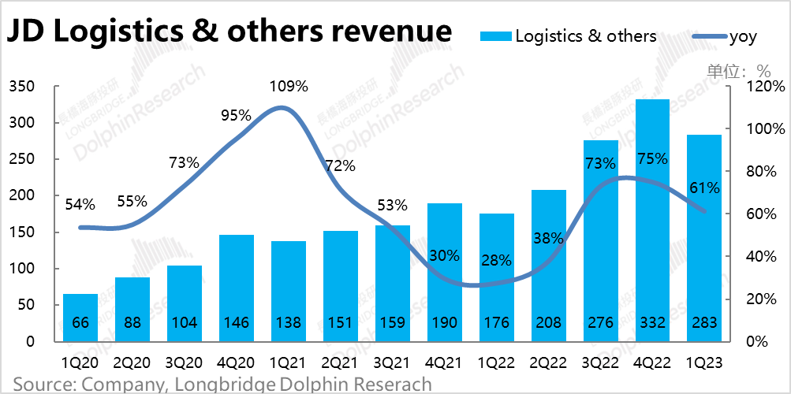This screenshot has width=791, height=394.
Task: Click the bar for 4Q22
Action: pos(652,221)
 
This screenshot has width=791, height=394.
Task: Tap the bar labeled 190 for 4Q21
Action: pos(444,272)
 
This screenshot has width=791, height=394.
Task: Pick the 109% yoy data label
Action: pos(288,86)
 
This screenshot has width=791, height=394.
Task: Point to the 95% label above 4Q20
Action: pos(236,115)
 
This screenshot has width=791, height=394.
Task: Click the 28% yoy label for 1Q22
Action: pos(496,261)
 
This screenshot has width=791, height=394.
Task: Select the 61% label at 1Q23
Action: pos(703,188)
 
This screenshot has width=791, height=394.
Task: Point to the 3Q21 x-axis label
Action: pos(392,364)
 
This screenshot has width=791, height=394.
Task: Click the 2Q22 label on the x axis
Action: pos(548,364)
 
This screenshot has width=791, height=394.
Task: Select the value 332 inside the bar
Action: pos(652,323)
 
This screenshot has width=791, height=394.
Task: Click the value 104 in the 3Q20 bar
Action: pos(185,323)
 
